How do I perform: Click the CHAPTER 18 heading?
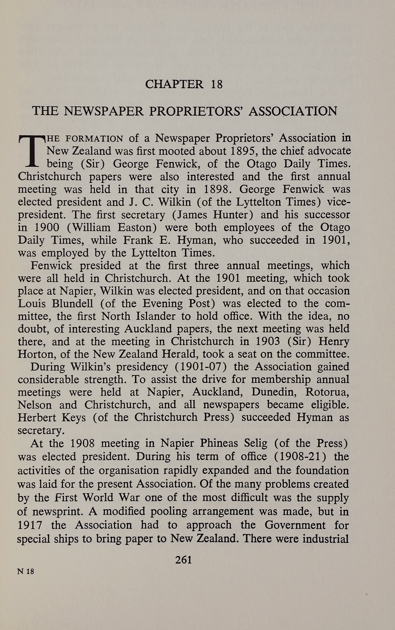coord(184,84)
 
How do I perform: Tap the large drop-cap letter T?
coord(31,151)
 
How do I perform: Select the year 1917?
coord(30,525)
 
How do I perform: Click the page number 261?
coord(184,560)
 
